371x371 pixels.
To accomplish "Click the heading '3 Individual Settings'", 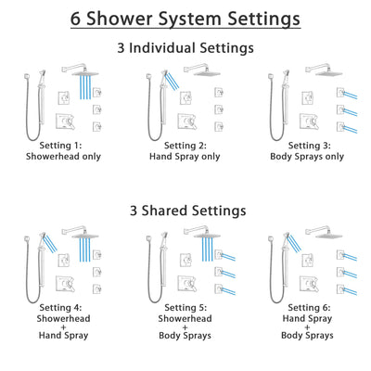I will point(185,46).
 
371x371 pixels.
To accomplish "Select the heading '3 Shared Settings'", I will point(185,211).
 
